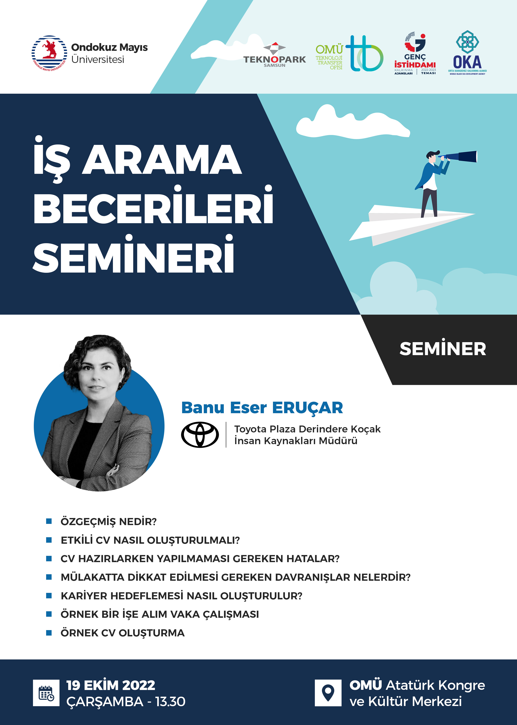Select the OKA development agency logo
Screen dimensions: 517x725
pos(467,53)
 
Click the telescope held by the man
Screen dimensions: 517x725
pos(459,156)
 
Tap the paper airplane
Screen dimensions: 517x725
pos(412,225)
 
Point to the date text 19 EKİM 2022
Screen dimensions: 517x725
pos(111,685)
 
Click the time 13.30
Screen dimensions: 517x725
pos(170,702)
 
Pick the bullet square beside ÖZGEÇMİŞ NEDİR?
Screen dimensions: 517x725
pos(49,521)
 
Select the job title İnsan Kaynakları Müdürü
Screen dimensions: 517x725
pos(296,441)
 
